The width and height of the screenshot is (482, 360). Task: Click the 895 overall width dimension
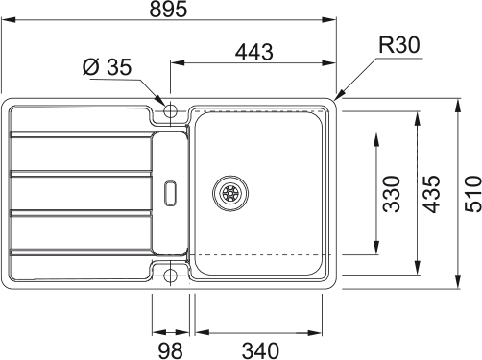click(x=168, y=9)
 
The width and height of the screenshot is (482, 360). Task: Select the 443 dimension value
click(x=254, y=52)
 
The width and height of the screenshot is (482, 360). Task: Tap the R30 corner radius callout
click(x=398, y=45)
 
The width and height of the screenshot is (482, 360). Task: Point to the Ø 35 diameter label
click(x=107, y=67)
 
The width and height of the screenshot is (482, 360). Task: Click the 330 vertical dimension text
click(x=392, y=194)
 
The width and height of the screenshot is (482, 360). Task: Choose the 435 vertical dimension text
click(x=431, y=194)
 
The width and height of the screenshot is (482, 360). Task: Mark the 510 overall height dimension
click(x=473, y=194)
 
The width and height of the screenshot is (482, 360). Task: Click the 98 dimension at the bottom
click(x=170, y=350)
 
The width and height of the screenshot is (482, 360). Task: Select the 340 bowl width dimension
click(x=260, y=350)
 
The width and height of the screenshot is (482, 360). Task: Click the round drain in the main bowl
click(x=230, y=193)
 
